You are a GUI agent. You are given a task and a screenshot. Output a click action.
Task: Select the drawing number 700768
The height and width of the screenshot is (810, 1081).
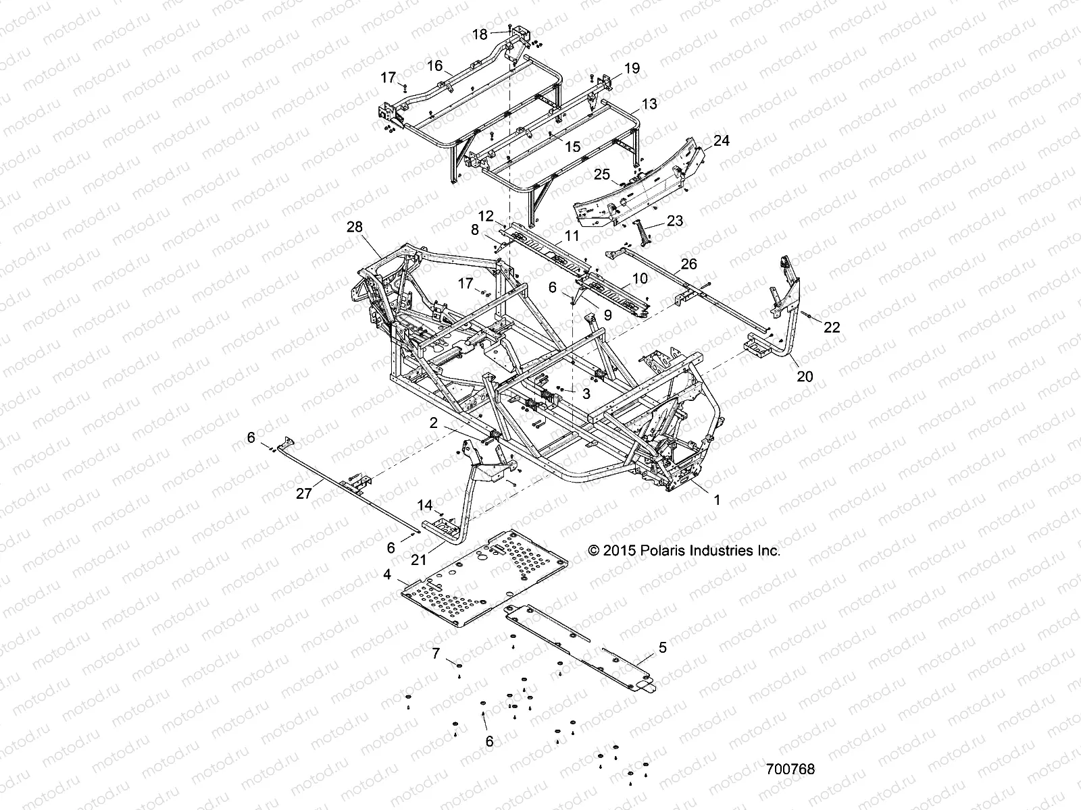(790, 769)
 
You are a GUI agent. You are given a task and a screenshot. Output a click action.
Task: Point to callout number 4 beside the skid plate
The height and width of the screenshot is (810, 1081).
(387, 575)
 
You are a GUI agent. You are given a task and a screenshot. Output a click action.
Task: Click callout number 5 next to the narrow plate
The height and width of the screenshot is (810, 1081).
(662, 647)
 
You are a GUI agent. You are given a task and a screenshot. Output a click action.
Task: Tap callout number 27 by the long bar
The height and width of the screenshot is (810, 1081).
(304, 494)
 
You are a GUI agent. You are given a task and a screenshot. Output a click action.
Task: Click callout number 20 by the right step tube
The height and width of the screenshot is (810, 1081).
(805, 376)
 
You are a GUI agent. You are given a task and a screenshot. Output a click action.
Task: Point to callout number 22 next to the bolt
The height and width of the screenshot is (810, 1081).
(832, 327)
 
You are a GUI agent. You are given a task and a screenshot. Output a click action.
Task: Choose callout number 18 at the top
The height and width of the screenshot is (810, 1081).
(479, 34)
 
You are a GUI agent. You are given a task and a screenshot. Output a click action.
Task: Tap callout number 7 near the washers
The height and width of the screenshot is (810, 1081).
(436, 653)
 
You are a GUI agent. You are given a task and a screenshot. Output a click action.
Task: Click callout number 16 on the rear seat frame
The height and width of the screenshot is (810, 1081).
(434, 65)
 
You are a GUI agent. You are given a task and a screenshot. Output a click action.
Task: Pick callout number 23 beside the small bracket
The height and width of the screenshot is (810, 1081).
(674, 220)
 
